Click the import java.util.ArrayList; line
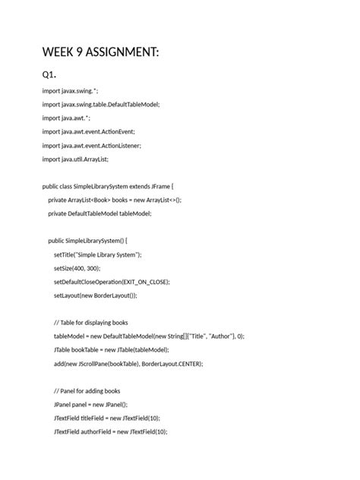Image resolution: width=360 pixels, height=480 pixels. tap(75, 159)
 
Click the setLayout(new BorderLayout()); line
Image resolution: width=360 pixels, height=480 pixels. tap(101, 295)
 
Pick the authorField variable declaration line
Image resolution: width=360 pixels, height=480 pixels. tap(110, 431)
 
